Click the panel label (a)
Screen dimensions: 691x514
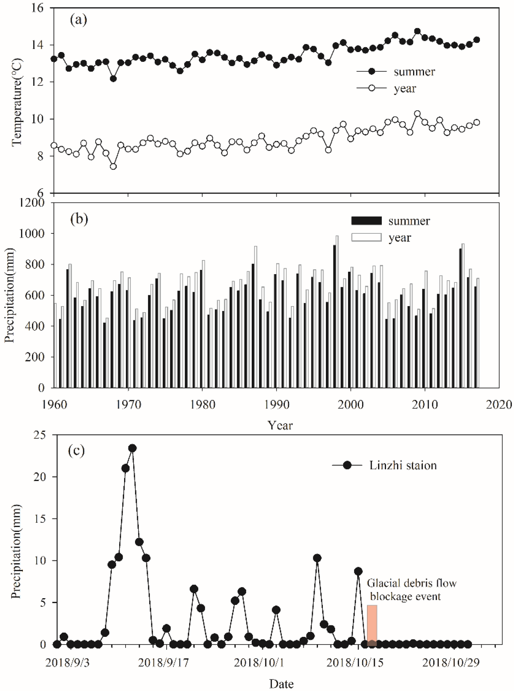(78, 20)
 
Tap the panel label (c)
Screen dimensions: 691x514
(77, 450)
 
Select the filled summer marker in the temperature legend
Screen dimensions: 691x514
(372, 72)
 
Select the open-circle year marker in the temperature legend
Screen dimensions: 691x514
(372, 88)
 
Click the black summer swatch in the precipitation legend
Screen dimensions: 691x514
(366, 221)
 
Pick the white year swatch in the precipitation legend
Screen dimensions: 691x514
(366, 237)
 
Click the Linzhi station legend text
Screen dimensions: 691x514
(403, 465)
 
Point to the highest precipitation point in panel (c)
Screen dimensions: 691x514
(132, 448)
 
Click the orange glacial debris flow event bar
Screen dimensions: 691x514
(372, 624)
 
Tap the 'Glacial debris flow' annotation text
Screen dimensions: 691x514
(412, 583)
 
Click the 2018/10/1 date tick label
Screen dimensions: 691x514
(259, 663)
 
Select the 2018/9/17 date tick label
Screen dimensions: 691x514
(163, 663)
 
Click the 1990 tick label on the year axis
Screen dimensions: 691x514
(277, 405)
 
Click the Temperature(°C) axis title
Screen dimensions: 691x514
(17, 102)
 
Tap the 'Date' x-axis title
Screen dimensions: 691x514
(281, 684)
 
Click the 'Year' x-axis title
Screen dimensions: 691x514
(280, 425)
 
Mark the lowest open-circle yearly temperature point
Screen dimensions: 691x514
(113, 166)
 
